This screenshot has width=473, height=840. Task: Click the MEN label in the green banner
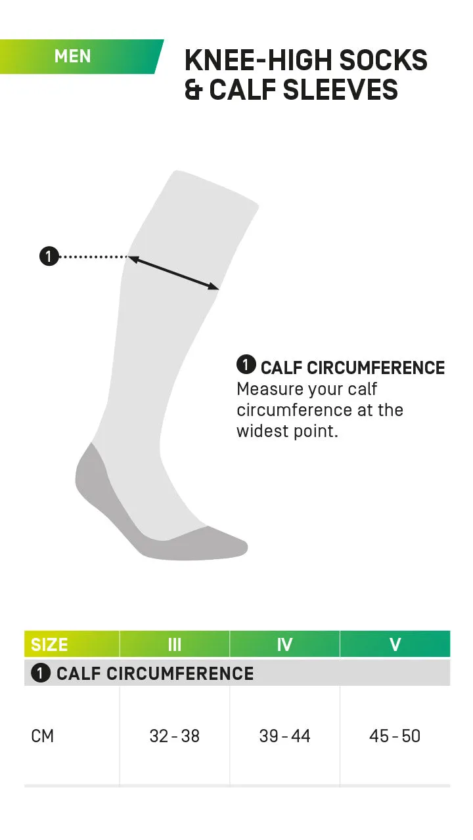[73, 56]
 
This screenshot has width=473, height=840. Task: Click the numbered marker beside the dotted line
[49, 256]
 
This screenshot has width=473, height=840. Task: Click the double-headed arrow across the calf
[173, 272]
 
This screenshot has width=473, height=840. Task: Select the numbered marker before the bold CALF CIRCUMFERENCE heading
[246, 365]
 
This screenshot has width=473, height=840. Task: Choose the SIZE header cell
[50, 644]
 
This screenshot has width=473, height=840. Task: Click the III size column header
[174, 644]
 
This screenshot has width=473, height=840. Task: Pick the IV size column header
[284, 644]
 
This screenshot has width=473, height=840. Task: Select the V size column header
[395, 644]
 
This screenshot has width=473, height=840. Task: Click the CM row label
[43, 736]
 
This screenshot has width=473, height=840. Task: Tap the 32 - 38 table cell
[174, 736]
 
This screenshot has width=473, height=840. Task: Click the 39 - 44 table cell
[284, 736]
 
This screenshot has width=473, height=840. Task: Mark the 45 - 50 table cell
[395, 736]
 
